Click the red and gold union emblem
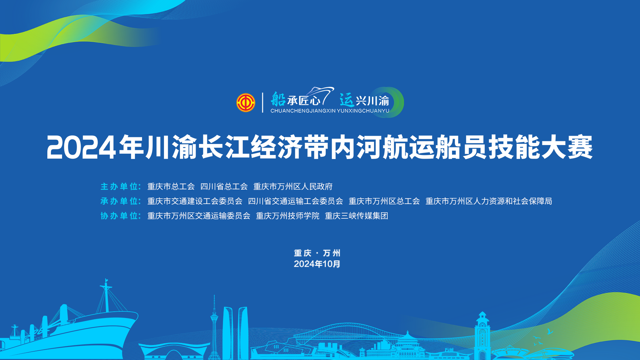pos(246,103)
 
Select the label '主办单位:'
pos(121,186)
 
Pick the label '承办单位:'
pos(121,201)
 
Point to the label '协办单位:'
pos(121,216)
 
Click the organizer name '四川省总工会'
pos(224,186)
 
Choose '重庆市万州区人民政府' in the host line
pos(293,186)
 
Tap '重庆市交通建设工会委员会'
pos(195,201)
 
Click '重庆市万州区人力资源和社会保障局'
pos(489,201)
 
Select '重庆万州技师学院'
pos(288,216)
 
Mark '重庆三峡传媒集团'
pos(357,216)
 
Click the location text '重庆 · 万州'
pos(317,253)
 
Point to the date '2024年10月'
pos(317,264)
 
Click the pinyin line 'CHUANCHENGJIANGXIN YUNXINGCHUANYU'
pos(330,111)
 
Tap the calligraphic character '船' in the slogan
pos(278,99)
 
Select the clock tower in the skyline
pos(482,335)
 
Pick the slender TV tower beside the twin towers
pos(214,327)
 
